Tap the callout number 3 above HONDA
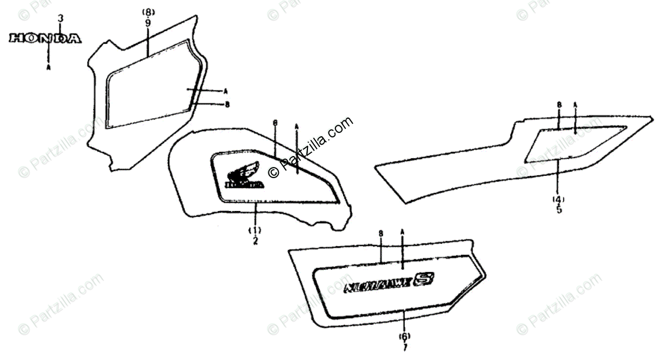tap(61, 19)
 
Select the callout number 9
tap(148, 23)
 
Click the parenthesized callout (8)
tap(148, 13)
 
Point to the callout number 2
tap(255, 240)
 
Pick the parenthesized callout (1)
tap(255, 230)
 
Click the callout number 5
tap(559, 209)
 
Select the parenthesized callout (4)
tap(559, 198)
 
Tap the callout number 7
tap(405, 347)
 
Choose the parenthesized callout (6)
tap(405, 336)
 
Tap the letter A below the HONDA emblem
tap(48, 68)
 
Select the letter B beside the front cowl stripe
tap(227, 104)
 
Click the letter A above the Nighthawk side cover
tap(403, 232)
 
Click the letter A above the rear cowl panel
tap(575, 104)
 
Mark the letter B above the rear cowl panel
tap(559, 104)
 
